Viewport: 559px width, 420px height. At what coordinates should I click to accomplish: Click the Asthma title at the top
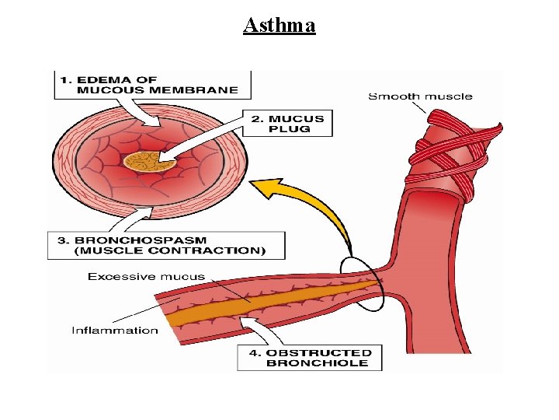(x=279, y=26)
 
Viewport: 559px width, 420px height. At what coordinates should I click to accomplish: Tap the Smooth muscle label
(x=420, y=96)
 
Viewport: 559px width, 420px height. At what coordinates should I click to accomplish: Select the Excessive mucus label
(x=146, y=276)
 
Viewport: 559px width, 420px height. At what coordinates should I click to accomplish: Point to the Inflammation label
(x=115, y=330)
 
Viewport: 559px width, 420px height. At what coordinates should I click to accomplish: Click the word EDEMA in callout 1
(x=124, y=79)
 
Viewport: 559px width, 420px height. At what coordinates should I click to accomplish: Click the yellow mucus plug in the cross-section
(x=144, y=161)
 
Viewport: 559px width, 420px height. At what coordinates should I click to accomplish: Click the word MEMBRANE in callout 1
(x=197, y=89)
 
